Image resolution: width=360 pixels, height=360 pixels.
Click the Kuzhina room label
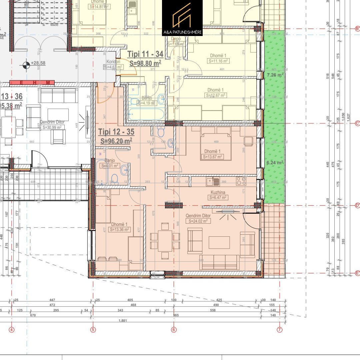(218, 192)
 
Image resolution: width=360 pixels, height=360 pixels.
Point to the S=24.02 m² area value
(198, 221)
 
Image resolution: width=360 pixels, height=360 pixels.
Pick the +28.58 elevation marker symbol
(26, 64)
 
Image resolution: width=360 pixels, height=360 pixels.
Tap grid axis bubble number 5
(93, 330)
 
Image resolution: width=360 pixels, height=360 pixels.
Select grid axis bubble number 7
(279, 330)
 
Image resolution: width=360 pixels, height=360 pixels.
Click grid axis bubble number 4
(12, 330)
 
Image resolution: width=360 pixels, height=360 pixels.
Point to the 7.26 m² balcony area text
(275, 75)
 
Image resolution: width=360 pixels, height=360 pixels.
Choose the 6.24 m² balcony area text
(275, 163)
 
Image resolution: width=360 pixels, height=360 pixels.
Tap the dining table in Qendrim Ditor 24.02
(165, 241)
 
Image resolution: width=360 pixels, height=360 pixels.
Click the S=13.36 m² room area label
(120, 229)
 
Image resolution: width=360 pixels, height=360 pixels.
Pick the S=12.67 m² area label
(216, 95)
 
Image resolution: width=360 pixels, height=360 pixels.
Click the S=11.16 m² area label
(218, 61)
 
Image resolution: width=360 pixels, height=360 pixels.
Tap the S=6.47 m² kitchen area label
(218, 198)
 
